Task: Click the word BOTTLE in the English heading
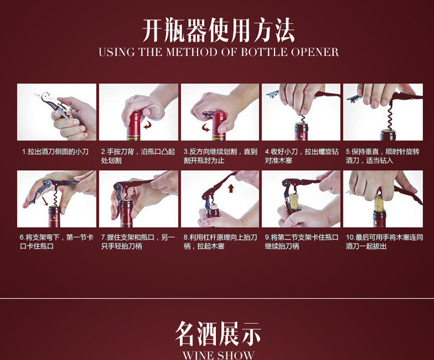[263, 52]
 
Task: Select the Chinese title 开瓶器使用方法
[219, 30]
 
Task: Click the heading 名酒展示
[218, 333]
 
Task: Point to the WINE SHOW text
[219, 355]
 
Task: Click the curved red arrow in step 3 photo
[206, 128]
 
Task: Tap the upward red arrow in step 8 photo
[231, 189]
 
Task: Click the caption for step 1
[55, 152]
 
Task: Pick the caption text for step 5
[383, 156]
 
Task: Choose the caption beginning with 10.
[385, 241]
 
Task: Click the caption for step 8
[220, 241]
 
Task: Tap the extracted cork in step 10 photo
[380, 203]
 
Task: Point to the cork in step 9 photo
[294, 202]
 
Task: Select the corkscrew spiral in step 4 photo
[303, 119]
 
